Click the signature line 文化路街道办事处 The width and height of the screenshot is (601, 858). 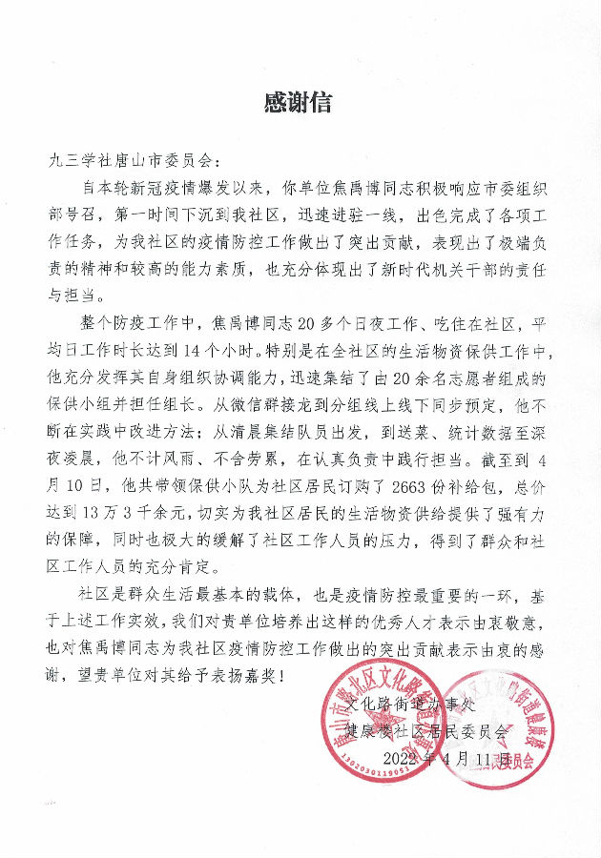[x=409, y=707]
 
